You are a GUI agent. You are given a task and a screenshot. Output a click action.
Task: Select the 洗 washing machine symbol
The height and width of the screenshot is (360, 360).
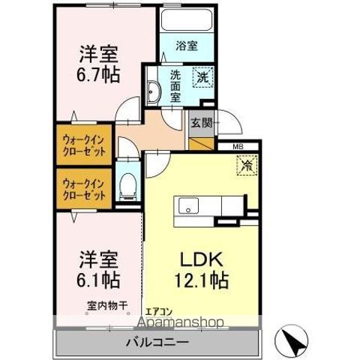tap(203, 76)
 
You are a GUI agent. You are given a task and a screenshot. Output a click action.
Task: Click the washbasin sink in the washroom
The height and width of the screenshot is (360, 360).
tap(153, 89)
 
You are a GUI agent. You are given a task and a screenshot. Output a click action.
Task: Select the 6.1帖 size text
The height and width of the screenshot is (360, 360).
tap(98, 279)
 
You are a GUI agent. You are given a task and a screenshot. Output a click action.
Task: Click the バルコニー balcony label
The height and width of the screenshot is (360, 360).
tap(158, 342)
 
